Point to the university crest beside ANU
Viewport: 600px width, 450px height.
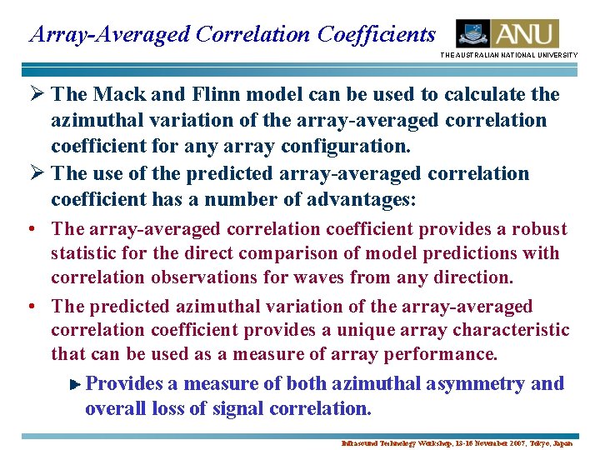(x=472, y=34)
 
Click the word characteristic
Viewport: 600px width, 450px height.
(x=512, y=331)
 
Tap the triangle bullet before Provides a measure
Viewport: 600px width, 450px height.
(x=75, y=385)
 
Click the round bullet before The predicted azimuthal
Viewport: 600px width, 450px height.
(x=30, y=307)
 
